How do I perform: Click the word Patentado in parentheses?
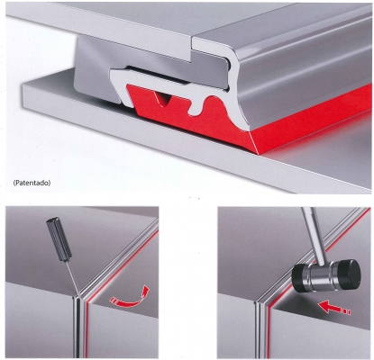tap(32, 183)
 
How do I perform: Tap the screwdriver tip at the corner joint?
tap(79, 294)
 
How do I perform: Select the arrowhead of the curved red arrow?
tap(145, 290)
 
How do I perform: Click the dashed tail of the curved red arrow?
tap(114, 301)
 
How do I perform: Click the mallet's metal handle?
tap(313, 236)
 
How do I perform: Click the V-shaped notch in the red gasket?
tap(163, 99)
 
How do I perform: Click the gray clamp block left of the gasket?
tap(96, 69)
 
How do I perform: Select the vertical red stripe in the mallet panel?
tap(269, 330)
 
